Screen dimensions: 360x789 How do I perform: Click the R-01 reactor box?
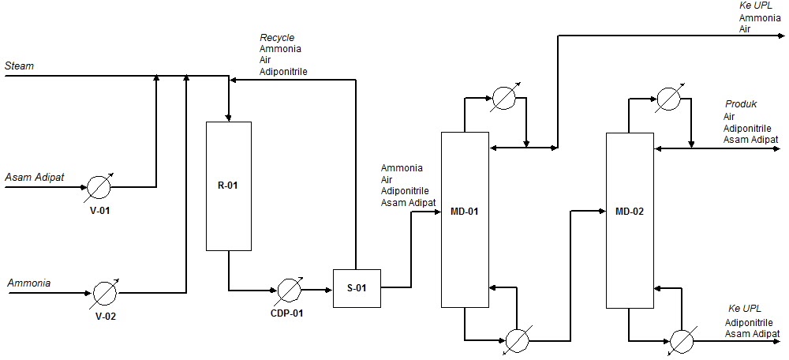tap(229, 186)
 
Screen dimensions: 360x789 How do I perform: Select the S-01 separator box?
tap(357, 287)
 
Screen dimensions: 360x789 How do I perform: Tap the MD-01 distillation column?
tap(464, 219)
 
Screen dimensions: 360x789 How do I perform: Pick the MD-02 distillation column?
tap(630, 220)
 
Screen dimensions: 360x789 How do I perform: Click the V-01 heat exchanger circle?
tap(99, 188)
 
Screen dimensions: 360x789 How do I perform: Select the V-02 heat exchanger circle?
tap(105, 293)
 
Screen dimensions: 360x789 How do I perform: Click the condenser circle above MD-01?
tap(503, 98)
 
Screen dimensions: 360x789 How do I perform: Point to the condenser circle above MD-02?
tap(668, 99)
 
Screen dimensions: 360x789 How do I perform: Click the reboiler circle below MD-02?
tap(681, 340)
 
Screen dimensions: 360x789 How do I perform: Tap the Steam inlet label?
tap(20, 66)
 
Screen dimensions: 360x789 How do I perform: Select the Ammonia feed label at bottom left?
tap(29, 283)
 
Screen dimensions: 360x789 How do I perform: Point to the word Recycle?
tap(277, 38)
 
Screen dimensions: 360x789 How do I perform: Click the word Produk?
tap(741, 104)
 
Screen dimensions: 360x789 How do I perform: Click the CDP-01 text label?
tap(286, 313)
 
